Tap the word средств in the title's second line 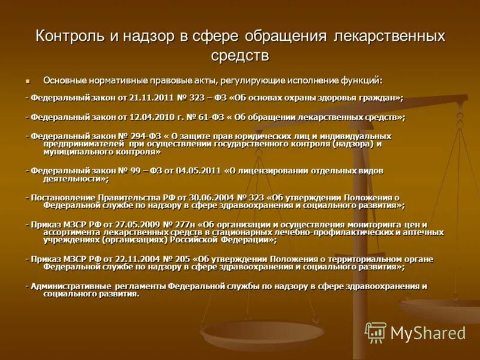coord(240,56)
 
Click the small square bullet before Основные coord(28,80)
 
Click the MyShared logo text coord(428,333)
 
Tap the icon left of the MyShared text coord(376,332)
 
